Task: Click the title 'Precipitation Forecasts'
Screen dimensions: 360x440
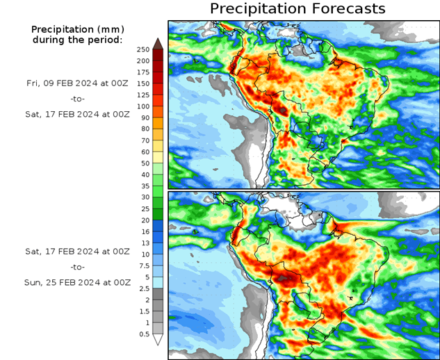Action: [297, 9]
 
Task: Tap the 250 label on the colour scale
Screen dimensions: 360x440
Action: [143, 49]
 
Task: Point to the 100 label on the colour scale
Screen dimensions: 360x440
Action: [143, 106]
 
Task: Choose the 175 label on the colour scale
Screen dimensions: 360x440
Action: [143, 72]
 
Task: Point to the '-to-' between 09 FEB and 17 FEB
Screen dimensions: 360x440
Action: [78, 99]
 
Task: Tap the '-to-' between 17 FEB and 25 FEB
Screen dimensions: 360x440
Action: [78, 267]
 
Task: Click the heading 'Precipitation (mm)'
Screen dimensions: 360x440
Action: [76, 29]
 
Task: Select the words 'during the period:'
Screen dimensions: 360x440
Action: [77, 40]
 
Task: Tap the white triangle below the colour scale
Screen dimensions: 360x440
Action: [158, 340]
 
